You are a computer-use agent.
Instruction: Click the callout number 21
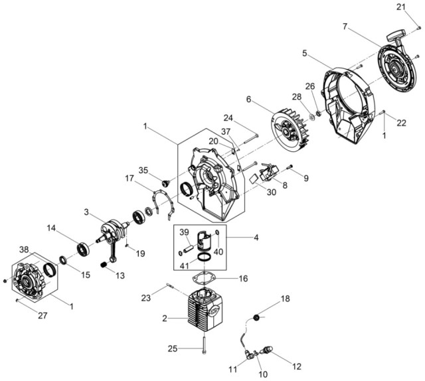click(401, 7)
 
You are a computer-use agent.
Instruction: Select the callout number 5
click(305, 53)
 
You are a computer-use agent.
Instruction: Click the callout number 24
click(228, 118)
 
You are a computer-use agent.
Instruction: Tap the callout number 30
click(272, 192)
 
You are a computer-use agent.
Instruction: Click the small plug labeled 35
click(165, 183)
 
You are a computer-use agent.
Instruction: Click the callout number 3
click(86, 212)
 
